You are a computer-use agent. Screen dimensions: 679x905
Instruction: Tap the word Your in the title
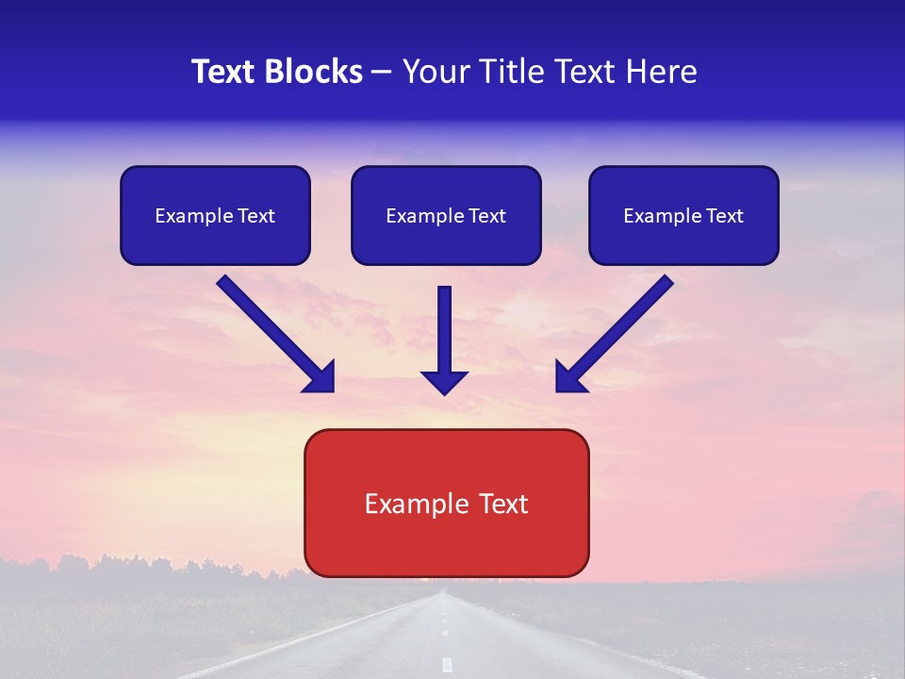coord(434,72)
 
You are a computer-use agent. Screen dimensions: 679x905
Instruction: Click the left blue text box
coord(215,215)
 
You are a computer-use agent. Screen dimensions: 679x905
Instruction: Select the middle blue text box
coord(446,215)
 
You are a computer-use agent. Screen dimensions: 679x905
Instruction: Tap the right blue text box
coord(683,215)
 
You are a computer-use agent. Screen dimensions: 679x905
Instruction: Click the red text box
coord(446,503)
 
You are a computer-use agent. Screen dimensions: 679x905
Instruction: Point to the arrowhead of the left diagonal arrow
coord(321,377)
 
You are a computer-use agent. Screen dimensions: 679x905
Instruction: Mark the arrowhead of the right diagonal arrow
coord(570,377)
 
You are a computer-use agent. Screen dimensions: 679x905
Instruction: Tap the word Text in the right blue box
coord(725,216)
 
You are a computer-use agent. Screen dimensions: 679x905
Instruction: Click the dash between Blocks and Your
coord(382,73)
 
